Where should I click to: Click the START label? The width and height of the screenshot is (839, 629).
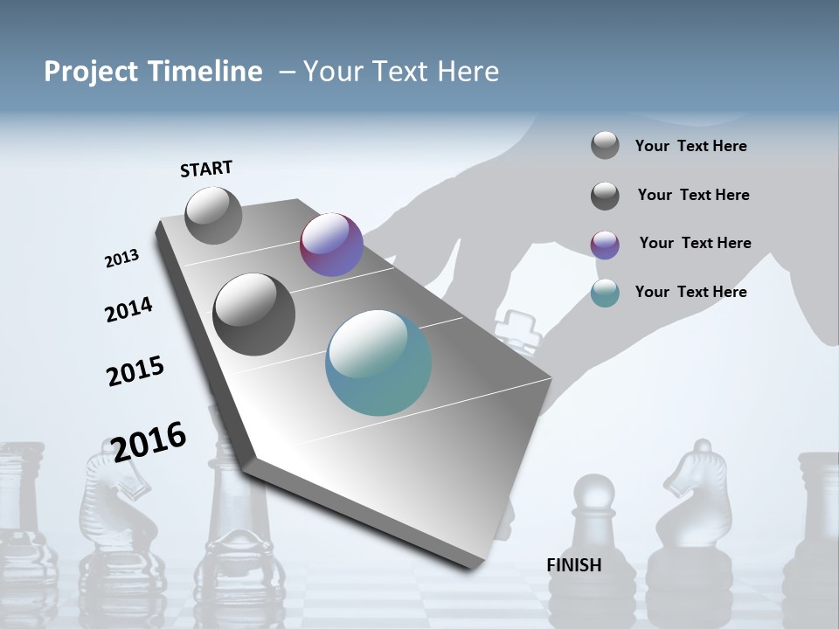pos(206,169)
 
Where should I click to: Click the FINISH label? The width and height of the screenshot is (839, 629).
pos(573,565)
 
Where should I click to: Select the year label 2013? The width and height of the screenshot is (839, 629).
pos(121,259)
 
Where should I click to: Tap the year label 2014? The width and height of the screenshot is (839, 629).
pos(128,309)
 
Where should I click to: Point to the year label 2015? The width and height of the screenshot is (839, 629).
pos(135,371)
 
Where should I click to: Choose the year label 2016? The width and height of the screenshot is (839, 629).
pos(149,441)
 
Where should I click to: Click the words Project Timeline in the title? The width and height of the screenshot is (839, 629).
pos(153,72)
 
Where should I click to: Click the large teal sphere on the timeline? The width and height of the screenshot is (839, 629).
pos(378,363)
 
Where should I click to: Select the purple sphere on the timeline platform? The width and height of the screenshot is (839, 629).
pos(331,245)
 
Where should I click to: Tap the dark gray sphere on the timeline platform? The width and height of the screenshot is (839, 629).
pos(254,314)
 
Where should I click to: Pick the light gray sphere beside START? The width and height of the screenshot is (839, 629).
pos(213,215)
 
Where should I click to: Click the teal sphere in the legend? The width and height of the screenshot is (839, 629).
pos(605,293)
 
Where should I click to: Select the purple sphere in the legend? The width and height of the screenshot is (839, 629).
pos(605,245)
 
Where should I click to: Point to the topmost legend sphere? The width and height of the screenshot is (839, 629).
pos(605,145)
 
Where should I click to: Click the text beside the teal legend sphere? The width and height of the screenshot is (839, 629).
pos(690,292)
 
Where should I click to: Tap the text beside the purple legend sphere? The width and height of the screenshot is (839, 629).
pos(695,243)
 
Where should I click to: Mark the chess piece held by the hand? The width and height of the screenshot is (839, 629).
pos(516,329)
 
